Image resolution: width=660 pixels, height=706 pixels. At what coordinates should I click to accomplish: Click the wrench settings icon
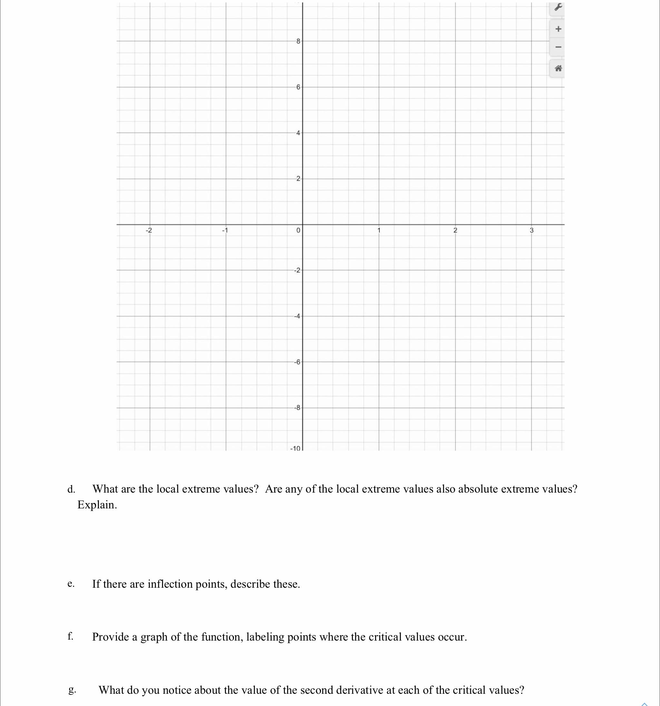pos(558,7)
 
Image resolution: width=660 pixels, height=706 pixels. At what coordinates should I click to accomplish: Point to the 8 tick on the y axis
pos(298,41)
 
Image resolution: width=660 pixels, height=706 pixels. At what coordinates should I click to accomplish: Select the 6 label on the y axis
pos(298,87)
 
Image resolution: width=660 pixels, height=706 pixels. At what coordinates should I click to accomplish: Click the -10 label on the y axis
pos(296,448)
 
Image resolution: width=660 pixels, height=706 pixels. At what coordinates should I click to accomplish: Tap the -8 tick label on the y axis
pos(297,408)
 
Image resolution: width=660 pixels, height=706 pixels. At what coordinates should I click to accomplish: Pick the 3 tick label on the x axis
pos(531,230)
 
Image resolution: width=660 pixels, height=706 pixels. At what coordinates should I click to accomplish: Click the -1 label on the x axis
pos(225,230)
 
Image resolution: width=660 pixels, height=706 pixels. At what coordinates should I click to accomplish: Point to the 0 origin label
pos(298,230)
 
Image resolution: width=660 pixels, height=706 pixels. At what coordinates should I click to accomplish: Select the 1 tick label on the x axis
pos(379,230)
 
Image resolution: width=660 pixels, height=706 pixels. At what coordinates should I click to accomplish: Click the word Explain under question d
pos(97,505)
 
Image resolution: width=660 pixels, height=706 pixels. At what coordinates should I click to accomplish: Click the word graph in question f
pos(154,637)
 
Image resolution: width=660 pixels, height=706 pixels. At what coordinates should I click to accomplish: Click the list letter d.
pos(71,489)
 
